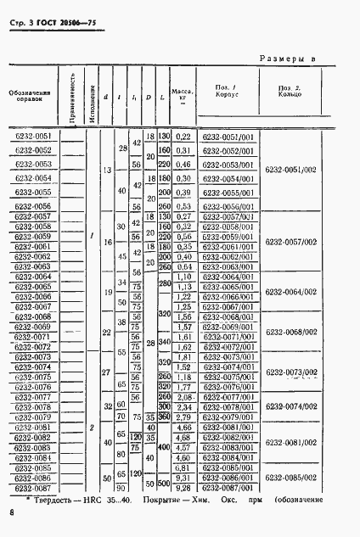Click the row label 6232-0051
[x=33, y=137]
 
